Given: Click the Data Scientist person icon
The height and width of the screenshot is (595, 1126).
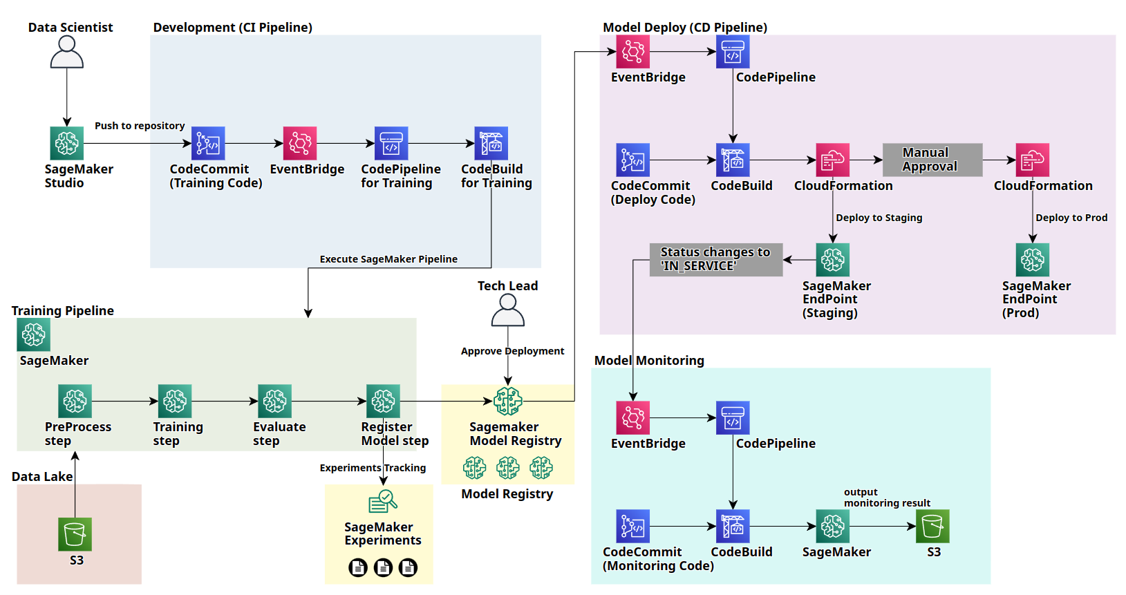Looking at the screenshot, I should pos(67,52).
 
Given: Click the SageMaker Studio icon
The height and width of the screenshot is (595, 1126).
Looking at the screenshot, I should pos(67,143).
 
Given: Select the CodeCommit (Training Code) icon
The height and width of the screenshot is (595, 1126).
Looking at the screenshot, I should pos(208,143).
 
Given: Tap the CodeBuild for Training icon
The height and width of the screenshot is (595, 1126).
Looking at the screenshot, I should pos(491,143).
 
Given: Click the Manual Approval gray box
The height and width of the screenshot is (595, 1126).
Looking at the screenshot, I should pos(932,160).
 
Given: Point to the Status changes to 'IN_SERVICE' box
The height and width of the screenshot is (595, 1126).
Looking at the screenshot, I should pos(715,259).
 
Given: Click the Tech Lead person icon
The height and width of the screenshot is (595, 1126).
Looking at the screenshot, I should pos(508,310).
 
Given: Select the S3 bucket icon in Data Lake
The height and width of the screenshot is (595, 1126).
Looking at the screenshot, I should pos(75,534).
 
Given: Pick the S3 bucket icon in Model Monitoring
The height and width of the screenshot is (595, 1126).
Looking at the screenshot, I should pos(932,526).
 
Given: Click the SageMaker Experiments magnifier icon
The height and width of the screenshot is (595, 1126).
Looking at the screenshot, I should pos(382,501).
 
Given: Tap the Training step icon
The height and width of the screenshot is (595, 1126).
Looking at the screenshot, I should pos(175,401).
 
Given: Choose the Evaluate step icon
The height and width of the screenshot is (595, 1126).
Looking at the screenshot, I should pos(274,401).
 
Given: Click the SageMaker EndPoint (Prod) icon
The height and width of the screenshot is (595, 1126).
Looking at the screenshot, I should pos(1032,260).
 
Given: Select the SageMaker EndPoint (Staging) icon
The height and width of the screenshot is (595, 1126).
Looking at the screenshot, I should pos(833,260).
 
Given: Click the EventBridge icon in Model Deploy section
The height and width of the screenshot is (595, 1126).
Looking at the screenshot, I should pos(633,51).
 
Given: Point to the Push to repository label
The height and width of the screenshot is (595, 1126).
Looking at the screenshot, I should pos(140,126).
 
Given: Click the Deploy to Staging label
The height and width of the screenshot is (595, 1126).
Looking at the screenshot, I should pos(879,218).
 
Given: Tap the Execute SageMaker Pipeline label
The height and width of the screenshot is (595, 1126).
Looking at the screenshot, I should pos(388,259).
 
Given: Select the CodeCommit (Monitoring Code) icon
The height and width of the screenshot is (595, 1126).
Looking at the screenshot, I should pos(633,526).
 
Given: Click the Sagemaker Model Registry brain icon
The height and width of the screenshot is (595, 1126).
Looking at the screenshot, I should pos(508,401).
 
